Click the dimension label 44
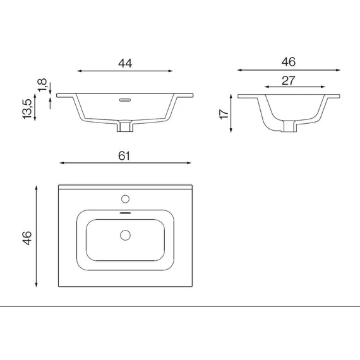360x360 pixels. (125, 63)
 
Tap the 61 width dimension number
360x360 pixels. (124, 156)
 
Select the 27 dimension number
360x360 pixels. (289, 81)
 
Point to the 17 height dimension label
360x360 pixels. (224, 114)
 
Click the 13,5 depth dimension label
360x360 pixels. (27, 109)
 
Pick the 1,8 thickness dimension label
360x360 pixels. (42, 85)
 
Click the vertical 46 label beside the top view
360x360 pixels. (27, 238)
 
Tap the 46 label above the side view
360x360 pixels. (289, 62)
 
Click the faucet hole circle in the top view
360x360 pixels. (125, 199)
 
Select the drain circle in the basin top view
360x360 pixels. (125, 235)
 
